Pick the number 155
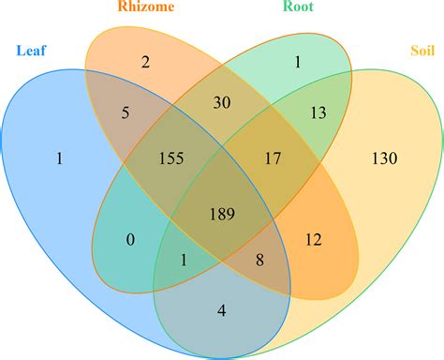point(170,158)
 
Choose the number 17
point(271,158)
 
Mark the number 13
point(318,113)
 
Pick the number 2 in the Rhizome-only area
point(146,63)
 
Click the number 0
point(131,240)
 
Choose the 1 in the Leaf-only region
point(59,159)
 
